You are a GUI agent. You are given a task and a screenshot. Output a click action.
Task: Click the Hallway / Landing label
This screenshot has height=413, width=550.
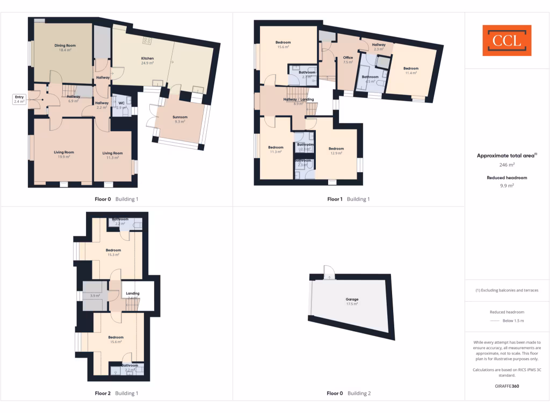tap(299, 99)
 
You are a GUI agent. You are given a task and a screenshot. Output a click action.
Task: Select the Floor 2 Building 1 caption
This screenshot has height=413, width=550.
tap(117, 393)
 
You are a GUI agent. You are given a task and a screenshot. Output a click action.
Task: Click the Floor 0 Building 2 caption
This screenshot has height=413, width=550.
tap(349, 393)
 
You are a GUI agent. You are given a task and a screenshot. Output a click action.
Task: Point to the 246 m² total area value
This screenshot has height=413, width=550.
tap(507, 165)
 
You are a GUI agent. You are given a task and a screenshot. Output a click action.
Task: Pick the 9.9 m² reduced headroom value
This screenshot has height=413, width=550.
tap(507, 185)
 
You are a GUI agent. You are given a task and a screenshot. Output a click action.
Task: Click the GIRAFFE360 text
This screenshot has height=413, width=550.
tap(507, 386)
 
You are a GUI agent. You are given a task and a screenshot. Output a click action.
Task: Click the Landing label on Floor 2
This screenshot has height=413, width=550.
tap(132, 294)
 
